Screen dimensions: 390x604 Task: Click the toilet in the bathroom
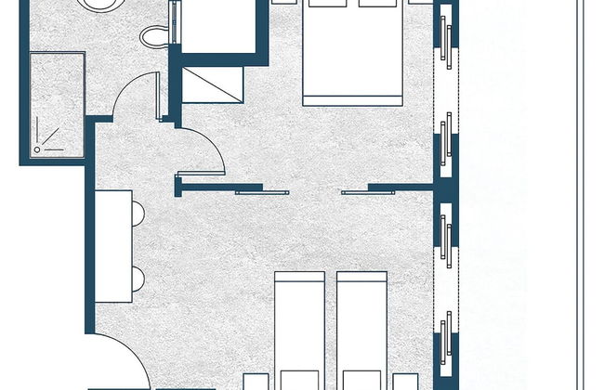tap(157, 34)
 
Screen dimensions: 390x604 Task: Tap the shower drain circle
tap(38, 148)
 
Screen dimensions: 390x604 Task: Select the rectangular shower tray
tap(57, 104)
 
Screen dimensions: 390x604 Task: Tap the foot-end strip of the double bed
tap(353, 97)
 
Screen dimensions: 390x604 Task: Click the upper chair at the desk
tap(138, 213)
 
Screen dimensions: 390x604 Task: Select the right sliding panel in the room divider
tap(356, 192)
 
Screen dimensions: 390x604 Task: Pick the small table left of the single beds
tap(256, 382)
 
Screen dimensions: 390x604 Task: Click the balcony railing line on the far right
tap(583, 195)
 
